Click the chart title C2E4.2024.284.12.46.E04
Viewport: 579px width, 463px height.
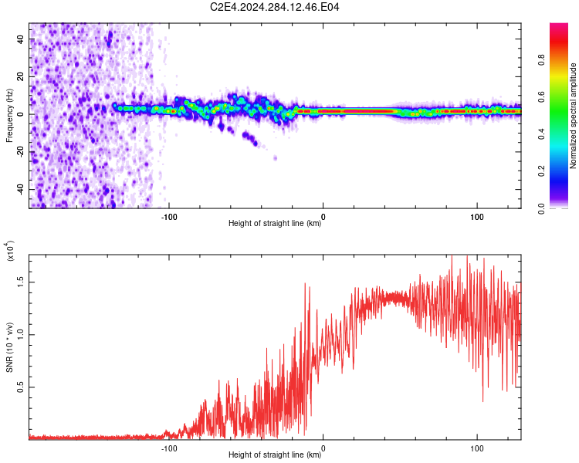point(274,7)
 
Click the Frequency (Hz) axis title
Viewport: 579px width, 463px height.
point(9,115)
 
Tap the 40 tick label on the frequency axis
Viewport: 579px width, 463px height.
point(21,39)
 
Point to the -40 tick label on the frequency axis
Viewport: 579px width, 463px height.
point(21,189)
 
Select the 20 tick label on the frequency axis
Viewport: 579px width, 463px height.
point(21,76)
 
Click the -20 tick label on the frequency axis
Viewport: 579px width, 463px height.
point(21,152)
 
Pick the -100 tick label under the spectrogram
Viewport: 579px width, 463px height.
point(169,217)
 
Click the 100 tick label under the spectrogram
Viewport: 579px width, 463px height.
point(477,217)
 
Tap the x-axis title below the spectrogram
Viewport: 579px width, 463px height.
point(275,223)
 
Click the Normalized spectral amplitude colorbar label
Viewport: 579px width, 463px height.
point(573,116)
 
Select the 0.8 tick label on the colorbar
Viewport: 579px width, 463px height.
point(542,60)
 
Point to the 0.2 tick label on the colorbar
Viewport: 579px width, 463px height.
point(542,171)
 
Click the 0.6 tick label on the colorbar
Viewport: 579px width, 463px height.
point(542,97)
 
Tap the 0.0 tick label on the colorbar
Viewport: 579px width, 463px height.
point(542,208)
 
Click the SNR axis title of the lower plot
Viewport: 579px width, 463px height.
point(9,347)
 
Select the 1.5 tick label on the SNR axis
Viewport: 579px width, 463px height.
point(21,282)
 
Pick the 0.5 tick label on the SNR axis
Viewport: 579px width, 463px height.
point(21,387)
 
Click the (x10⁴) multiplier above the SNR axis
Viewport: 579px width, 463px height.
point(10,251)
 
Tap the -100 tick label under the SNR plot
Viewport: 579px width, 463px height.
point(169,448)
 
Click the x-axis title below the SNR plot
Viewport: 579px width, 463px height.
point(275,455)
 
